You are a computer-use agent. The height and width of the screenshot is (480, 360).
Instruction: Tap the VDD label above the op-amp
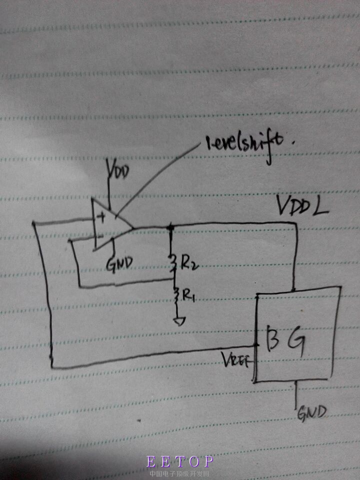pos(118,172)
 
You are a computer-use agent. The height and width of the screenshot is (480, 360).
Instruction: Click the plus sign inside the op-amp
pos(101,217)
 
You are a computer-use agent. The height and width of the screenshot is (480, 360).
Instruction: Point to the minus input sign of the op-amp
pos(99,234)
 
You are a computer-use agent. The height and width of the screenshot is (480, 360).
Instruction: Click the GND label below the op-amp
pos(119,263)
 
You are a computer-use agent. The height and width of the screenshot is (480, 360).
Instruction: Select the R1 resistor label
pos(188,296)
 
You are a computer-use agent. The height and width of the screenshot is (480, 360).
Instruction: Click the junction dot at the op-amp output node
pos(171,228)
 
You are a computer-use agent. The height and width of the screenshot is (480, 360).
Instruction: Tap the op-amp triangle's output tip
pos(133,229)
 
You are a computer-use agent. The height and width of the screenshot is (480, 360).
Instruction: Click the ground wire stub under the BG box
pos(297,395)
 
